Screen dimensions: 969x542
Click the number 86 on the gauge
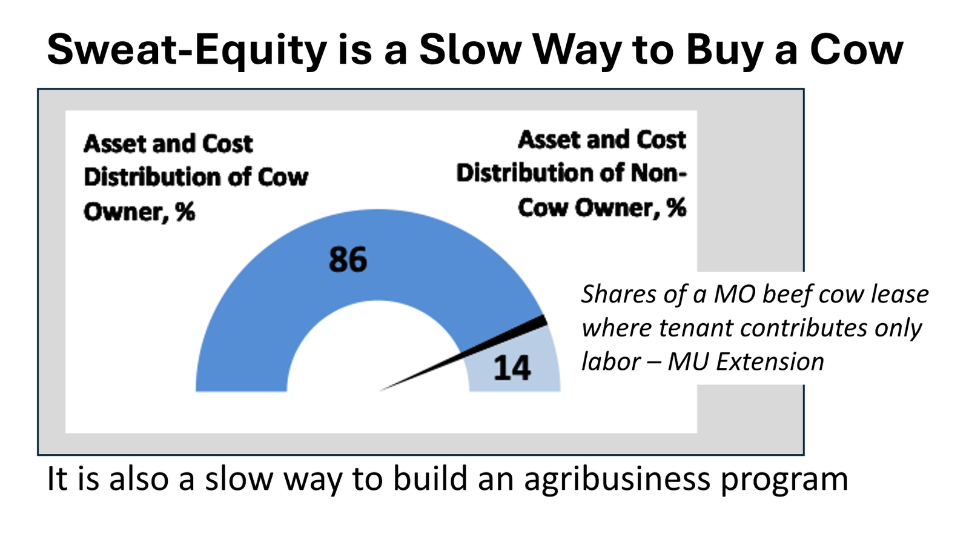[x=348, y=259]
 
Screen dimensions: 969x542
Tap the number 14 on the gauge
[x=512, y=368]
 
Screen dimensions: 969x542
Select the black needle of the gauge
[x=463, y=353]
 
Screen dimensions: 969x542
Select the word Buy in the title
[x=723, y=51]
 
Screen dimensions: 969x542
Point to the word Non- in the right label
[x=658, y=173]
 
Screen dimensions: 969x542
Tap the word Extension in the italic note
[x=770, y=361]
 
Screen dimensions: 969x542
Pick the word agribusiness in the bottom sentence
[x=617, y=480]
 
